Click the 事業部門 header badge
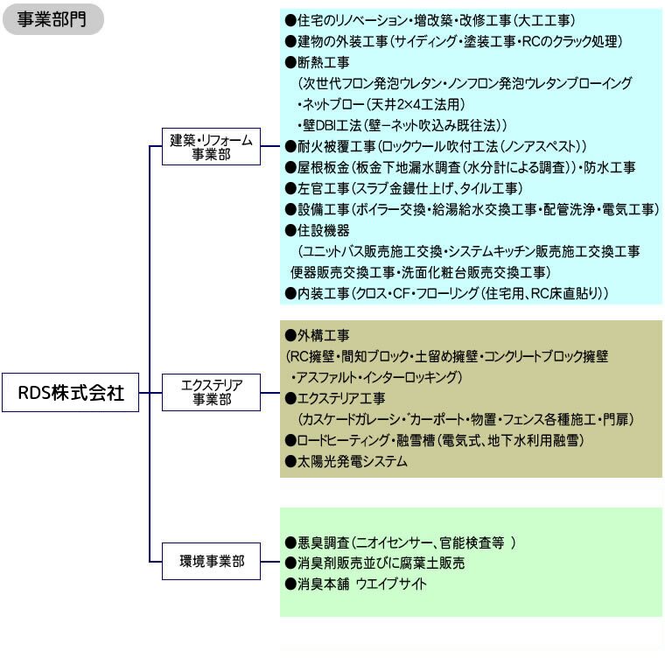click(52, 19)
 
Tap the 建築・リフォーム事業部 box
click(211, 146)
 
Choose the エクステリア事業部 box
click(211, 392)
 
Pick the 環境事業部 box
click(211, 562)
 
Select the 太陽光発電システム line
click(347, 461)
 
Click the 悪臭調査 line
click(401, 542)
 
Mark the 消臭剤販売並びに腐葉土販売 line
click(376, 563)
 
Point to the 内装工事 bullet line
click(447, 293)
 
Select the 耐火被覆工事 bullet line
click(436, 146)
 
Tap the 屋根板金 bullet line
click(461, 167)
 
